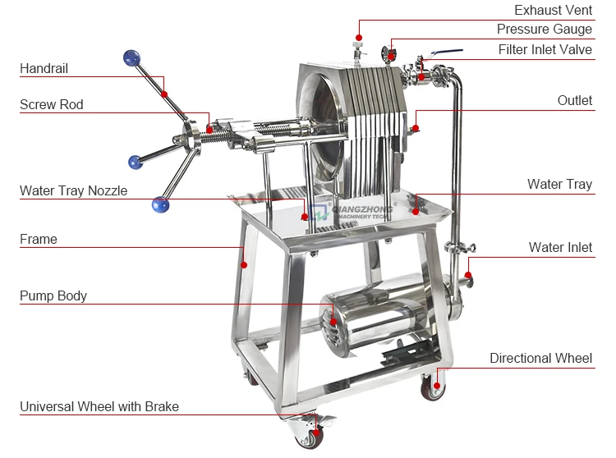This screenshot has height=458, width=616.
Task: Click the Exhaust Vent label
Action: pos(553,11)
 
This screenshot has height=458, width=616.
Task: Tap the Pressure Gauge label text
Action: pos(544,30)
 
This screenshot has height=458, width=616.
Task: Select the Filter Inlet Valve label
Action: pos(545,49)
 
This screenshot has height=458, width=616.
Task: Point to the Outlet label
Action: pos(574,100)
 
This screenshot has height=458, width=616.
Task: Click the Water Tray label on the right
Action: pos(559,184)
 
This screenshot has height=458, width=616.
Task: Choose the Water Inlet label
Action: pos(560,247)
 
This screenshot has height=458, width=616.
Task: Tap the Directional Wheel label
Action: pos(540,358)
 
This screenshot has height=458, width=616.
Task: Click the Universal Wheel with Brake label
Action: pos(99,406)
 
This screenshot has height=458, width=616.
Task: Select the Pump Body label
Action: pos(53,295)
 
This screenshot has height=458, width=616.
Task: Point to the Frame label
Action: pos(39,239)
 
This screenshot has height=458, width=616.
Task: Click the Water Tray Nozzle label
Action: pos(74,190)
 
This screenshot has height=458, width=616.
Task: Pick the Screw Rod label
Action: pos(52,104)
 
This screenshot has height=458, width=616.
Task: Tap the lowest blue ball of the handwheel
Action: pos(160,204)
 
